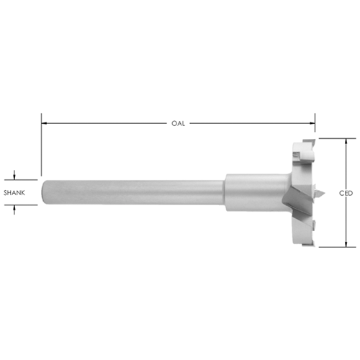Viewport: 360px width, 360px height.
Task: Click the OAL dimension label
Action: tap(178, 123)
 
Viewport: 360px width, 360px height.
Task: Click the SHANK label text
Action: tap(14, 192)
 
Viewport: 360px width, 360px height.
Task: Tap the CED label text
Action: tap(346, 193)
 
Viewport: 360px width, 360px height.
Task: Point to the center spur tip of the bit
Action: tap(324, 192)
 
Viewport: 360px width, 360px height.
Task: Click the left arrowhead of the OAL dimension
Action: tap(44, 123)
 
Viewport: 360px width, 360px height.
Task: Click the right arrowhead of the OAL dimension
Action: tap(312, 123)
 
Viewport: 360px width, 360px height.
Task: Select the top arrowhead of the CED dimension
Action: tap(346, 142)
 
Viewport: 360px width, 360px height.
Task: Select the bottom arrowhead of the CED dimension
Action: tap(346, 244)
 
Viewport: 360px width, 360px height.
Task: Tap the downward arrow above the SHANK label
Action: tap(14, 175)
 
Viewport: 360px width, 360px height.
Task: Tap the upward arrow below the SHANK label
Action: tap(14, 210)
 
